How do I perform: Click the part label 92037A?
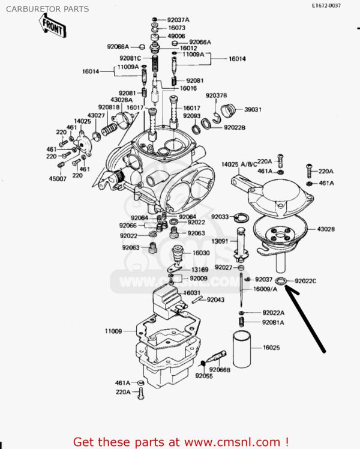click(x=178, y=19)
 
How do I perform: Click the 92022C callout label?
click(x=305, y=280)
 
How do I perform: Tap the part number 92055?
click(x=204, y=376)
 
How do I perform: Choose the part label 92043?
click(x=216, y=300)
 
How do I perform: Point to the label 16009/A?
click(x=265, y=289)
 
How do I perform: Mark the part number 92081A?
click(x=273, y=322)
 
